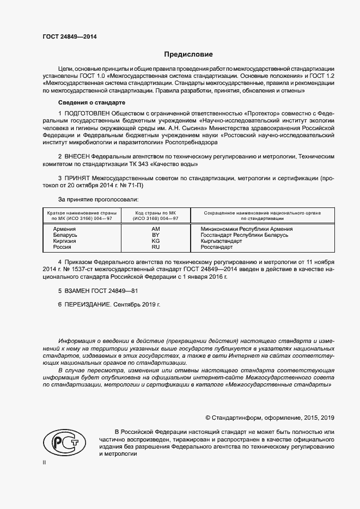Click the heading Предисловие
click(x=188, y=54)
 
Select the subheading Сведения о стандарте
click(x=91, y=102)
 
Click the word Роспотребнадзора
click(x=190, y=143)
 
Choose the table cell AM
click(x=155, y=229)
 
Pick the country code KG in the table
click(x=155, y=241)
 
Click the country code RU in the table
click(x=155, y=247)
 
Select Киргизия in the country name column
click(x=64, y=241)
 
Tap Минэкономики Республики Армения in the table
click(x=246, y=229)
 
